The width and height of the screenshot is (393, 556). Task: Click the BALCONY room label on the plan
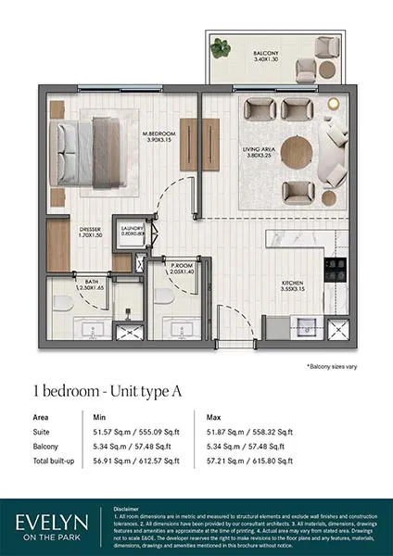coord(267,58)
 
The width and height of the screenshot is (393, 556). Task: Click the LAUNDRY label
coord(132,232)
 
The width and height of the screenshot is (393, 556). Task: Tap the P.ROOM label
coord(181,269)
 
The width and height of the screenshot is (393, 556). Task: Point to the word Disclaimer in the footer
coord(128,508)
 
